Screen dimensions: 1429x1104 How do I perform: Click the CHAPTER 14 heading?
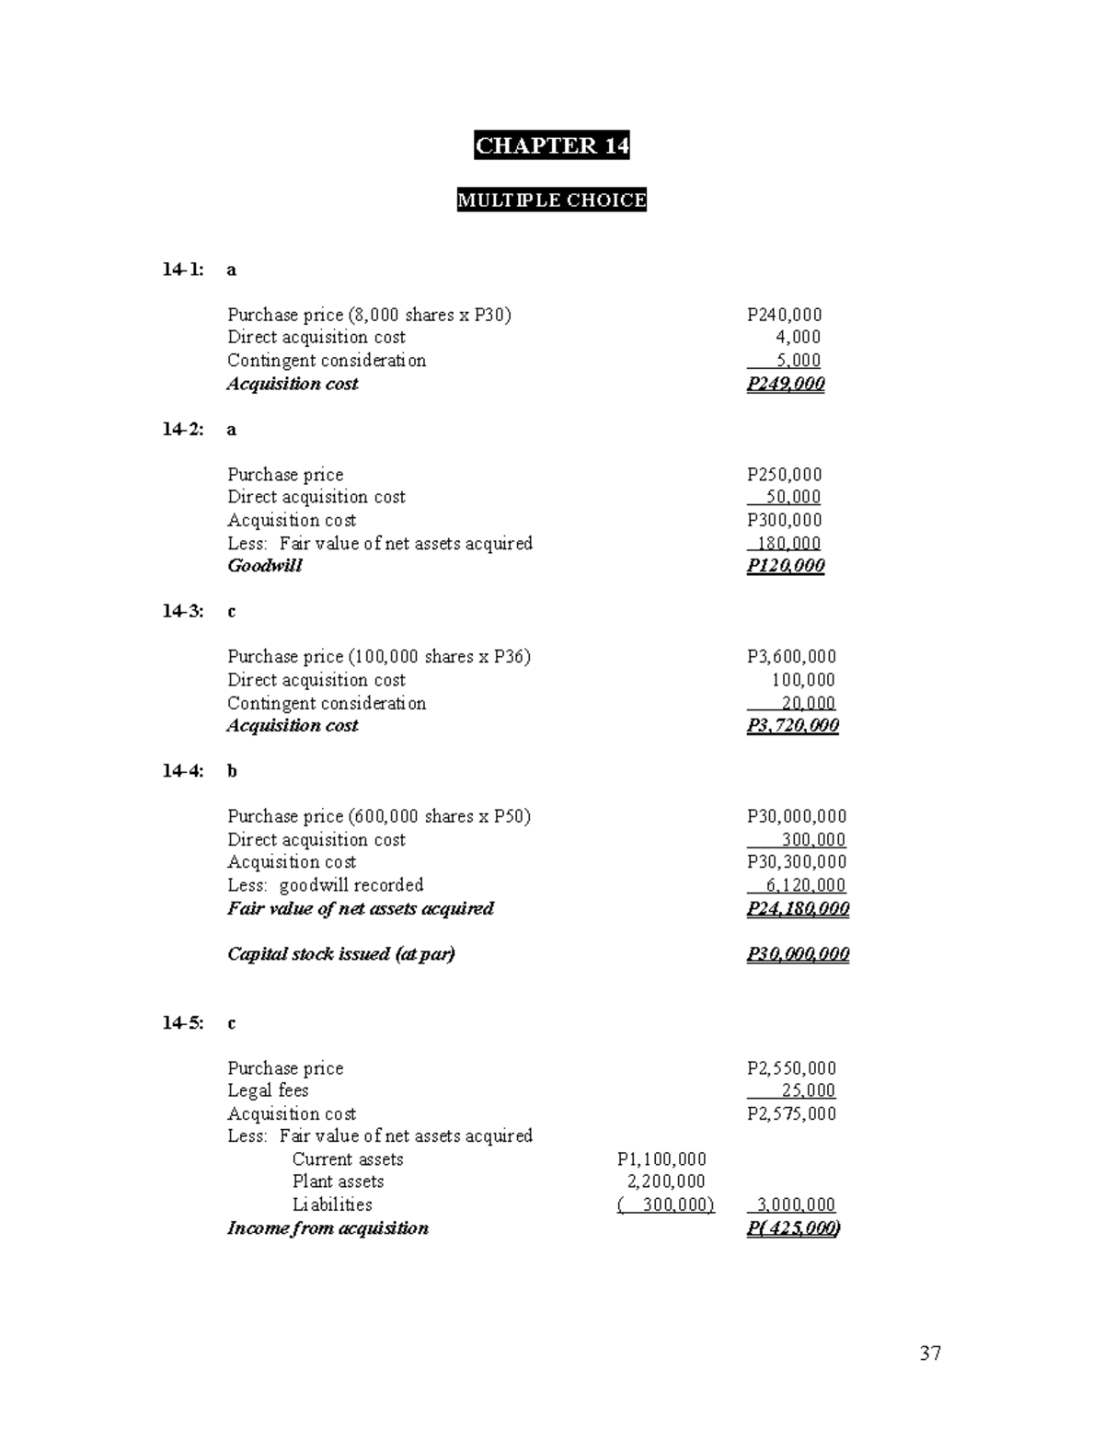[x=551, y=145]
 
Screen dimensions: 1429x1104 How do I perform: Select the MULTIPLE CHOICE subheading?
[x=551, y=201]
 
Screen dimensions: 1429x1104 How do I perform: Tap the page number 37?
[x=930, y=1353]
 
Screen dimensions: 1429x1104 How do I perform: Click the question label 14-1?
[x=183, y=270]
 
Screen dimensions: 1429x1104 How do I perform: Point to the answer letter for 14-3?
[x=232, y=612]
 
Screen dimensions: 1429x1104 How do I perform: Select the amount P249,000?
[x=786, y=384]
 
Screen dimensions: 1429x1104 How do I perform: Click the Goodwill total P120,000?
[x=786, y=566]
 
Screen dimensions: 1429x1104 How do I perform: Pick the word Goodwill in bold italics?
[x=264, y=566]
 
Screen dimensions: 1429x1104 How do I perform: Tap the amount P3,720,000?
[x=792, y=726]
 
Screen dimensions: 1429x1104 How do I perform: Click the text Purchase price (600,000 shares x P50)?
[x=378, y=816]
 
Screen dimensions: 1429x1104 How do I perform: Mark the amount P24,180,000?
[x=798, y=909]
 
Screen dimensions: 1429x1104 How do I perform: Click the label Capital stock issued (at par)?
[x=340, y=954]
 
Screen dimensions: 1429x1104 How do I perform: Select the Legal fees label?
[x=268, y=1090]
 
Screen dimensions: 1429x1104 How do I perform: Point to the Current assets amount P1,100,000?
[x=661, y=1159]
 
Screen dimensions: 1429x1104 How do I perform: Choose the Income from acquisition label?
[x=328, y=1228]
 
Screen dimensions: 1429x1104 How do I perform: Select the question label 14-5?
[x=183, y=1023]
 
